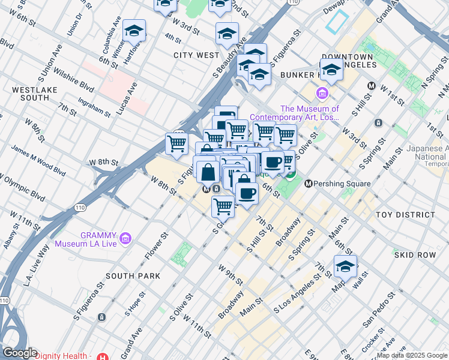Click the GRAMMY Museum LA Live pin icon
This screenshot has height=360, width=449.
click(125, 239)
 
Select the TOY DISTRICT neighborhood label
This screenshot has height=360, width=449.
click(405, 215)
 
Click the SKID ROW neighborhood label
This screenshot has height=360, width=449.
click(415, 255)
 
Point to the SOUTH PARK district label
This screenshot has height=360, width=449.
click(133, 276)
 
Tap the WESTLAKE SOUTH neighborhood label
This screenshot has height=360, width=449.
click(31, 94)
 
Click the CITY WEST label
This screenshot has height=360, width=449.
click(196, 55)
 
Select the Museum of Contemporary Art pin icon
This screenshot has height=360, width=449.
click(322, 93)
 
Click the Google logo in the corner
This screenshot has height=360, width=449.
click(20, 353)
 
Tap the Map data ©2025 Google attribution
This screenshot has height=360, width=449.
click(412, 355)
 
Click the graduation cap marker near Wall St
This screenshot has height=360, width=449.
click(345, 267)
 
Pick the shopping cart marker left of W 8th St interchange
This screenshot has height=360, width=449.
click(176, 143)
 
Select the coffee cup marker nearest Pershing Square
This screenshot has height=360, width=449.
click(273, 162)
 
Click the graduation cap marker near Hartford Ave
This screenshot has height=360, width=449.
click(134, 31)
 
